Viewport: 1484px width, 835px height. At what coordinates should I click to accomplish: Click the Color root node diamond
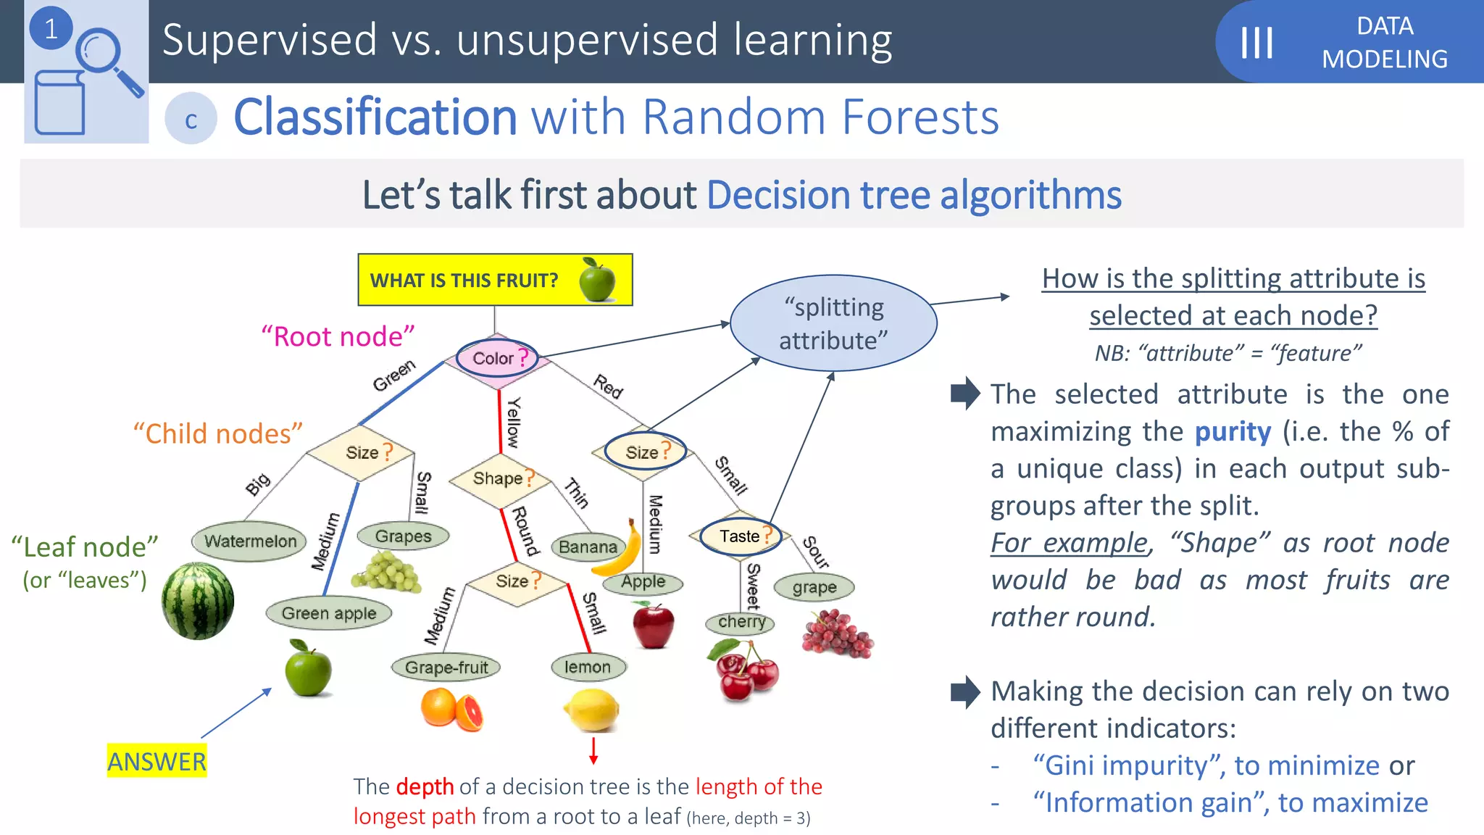point(497,358)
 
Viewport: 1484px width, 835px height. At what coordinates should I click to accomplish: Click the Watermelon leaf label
point(250,541)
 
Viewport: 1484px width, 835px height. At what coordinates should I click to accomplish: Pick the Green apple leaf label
point(329,613)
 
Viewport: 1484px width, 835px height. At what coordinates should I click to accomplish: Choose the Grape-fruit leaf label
point(446,667)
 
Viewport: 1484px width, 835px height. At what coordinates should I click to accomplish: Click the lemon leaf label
point(588,667)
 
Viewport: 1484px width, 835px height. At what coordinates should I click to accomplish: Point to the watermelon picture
point(198,602)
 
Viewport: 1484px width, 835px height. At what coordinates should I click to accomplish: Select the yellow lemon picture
point(592,710)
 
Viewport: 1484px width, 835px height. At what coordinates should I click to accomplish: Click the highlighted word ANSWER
point(157,762)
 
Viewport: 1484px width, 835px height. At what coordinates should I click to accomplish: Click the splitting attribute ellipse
point(833,323)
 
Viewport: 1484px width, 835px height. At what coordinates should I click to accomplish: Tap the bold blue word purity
point(1233,432)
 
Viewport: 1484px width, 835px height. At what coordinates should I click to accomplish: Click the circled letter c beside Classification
point(191,120)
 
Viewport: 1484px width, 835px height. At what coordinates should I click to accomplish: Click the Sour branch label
point(815,552)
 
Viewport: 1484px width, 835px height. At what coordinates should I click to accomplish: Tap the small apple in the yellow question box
point(598,280)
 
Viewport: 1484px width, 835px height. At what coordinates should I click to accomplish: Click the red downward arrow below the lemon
point(593,750)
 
